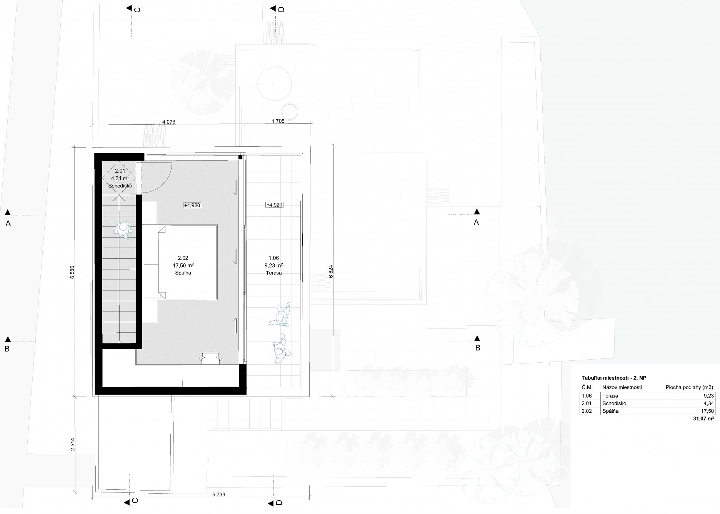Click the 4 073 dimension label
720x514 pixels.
tap(169, 122)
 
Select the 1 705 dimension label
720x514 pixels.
tap(278, 121)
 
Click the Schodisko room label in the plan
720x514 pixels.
tap(120, 186)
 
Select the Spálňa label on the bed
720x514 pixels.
tap(183, 273)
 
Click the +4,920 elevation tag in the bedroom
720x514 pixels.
tap(192, 205)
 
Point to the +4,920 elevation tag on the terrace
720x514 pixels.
tap(275, 205)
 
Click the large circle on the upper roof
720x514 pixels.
tap(274, 84)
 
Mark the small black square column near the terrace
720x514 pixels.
tap(240, 157)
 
